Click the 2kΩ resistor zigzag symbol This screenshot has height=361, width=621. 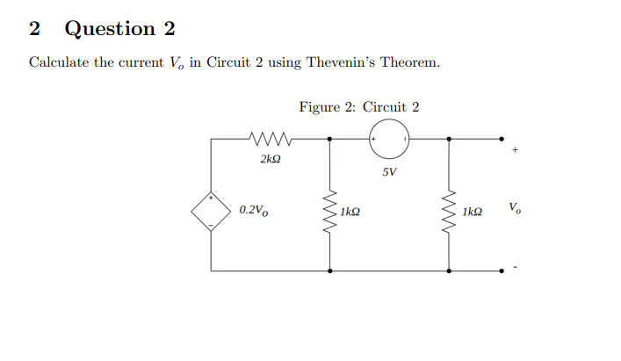coord(271,138)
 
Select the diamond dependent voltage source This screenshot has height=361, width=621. coord(211,211)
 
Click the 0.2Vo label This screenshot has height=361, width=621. coord(255,211)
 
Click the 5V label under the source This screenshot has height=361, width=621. coord(389,171)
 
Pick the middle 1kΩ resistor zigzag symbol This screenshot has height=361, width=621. coord(330,211)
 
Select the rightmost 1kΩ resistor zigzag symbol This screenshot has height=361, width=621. coord(450,211)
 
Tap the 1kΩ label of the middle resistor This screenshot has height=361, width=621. coord(351,212)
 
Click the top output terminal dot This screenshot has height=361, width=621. coord(502,138)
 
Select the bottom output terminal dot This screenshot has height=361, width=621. coord(502,271)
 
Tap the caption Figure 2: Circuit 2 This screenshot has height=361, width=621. coord(358,107)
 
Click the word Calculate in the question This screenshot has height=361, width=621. coord(63,63)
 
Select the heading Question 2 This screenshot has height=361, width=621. coord(120,29)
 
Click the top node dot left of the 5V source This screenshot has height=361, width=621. coord(330,138)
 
